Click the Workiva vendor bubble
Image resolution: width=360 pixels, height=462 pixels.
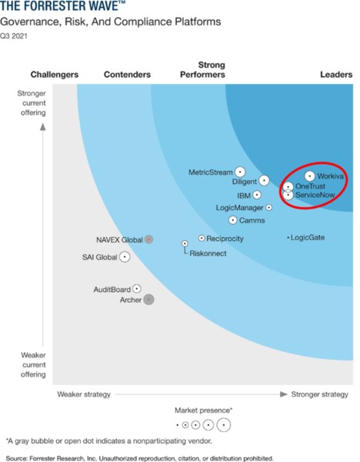310,176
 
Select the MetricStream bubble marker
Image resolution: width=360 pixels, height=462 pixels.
241,172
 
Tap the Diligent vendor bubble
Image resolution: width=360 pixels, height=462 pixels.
264,181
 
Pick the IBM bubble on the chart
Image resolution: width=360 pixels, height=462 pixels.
257,196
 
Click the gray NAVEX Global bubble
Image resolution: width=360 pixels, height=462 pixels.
148,239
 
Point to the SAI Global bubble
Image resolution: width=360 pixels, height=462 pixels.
125,256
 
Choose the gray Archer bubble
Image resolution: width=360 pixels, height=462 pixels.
149,300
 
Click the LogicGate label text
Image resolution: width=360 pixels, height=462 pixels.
308,237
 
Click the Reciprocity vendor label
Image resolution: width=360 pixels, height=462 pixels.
225,239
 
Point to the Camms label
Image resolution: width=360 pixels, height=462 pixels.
252,221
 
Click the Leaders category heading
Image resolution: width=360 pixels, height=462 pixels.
336,75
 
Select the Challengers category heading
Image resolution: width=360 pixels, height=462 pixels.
54,75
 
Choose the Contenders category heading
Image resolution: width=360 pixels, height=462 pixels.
125,75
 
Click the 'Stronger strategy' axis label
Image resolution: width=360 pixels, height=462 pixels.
319,395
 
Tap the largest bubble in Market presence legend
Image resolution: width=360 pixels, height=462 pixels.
223,424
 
